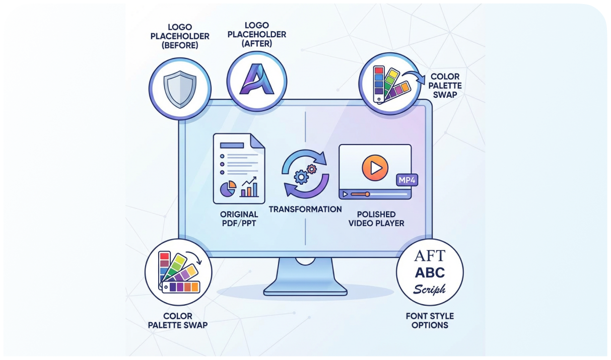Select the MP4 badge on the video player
click(406, 179)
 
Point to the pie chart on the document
click(228, 189)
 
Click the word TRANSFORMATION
click(305, 209)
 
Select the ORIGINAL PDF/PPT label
click(239, 219)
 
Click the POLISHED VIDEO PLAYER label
click(376, 219)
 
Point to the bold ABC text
click(430, 273)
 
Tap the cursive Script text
click(430, 290)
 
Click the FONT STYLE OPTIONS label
click(430, 320)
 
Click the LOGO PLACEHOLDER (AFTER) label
click(257, 34)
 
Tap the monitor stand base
click(305, 290)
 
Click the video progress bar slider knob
click(367, 194)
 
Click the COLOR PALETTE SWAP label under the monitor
click(177, 320)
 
